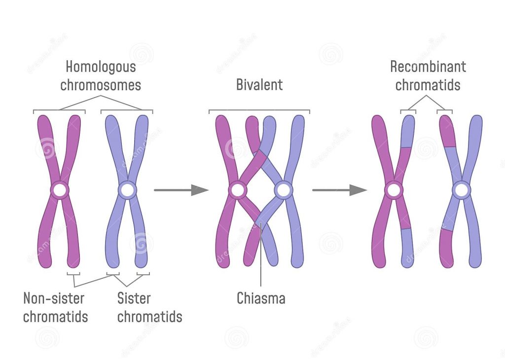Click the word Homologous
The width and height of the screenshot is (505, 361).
[x=101, y=67]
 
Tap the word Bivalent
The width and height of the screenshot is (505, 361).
[x=259, y=85]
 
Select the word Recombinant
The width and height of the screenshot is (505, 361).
[x=428, y=67]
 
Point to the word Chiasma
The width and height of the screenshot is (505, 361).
[x=261, y=298]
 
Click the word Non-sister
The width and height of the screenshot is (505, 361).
[x=54, y=298]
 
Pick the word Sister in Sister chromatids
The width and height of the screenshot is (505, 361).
[x=134, y=298]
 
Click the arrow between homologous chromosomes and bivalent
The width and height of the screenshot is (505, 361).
[x=181, y=190]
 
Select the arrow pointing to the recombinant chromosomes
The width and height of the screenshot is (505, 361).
[x=340, y=190]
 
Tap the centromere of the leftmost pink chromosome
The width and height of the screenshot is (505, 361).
[x=60, y=190]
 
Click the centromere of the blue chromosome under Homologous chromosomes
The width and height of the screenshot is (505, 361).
[x=128, y=190]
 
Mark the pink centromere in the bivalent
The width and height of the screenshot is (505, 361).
[x=238, y=190]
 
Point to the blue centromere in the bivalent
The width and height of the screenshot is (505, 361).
[x=284, y=190]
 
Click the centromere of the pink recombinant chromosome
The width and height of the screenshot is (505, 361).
[x=394, y=190]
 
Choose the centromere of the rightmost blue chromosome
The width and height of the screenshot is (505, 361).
[x=462, y=190]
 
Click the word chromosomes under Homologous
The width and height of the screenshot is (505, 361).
[x=101, y=85]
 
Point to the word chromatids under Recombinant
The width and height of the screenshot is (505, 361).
[x=428, y=85]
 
